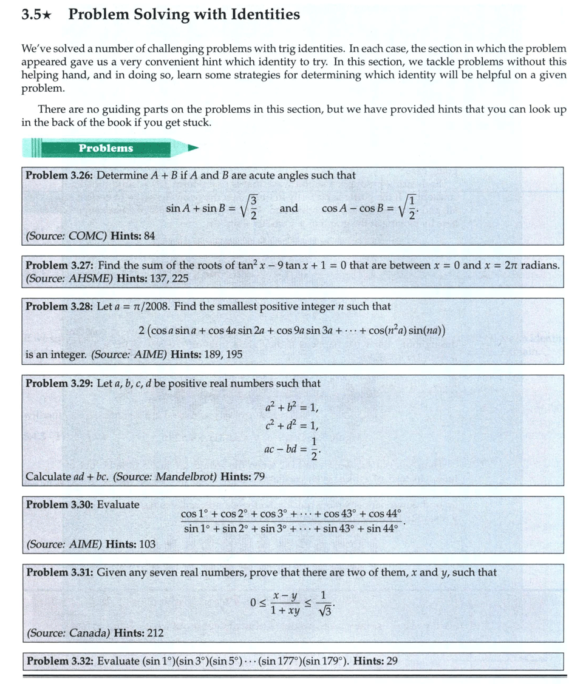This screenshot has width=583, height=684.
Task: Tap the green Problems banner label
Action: [x=106, y=148]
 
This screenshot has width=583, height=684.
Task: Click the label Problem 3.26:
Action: [x=59, y=175]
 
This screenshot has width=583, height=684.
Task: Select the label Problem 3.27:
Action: [x=59, y=265]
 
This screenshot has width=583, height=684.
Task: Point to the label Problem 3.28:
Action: [x=59, y=306]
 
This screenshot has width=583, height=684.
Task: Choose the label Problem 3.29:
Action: [x=59, y=384]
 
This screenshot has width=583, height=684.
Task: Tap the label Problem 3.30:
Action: [x=59, y=504]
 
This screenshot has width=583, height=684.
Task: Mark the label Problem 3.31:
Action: [x=59, y=572]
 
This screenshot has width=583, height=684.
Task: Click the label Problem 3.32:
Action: [x=59, y=661]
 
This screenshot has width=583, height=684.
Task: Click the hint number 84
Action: [x=149, y=235]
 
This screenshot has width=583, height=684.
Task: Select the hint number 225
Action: [x=179, y=279]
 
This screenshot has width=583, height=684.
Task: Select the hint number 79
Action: [x=259, y=476]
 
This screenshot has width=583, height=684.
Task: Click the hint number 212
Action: [x=155, y=634]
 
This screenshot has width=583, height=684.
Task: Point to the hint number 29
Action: [x=392, y=661]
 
